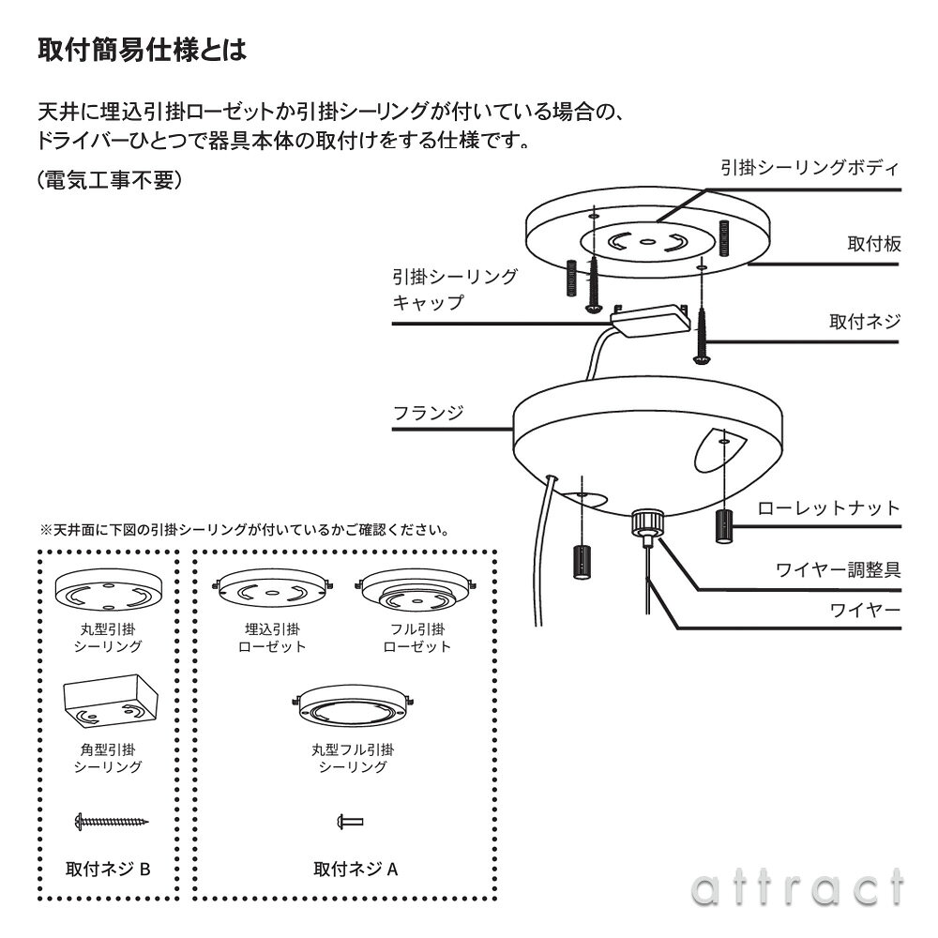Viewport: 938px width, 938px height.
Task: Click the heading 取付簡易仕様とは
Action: pos(142,49)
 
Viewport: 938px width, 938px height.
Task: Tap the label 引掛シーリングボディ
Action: pos(809,168)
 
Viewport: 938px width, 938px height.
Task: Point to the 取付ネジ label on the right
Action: pos(864,322)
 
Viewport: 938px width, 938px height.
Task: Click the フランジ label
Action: pos(428,412)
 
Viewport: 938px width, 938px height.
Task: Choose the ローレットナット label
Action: pos(828,508)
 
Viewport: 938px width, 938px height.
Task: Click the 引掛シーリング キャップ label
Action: pos(454,289)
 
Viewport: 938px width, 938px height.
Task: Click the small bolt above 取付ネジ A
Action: pos(350,823)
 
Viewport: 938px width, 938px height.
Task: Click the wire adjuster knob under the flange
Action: pos(644,521)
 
